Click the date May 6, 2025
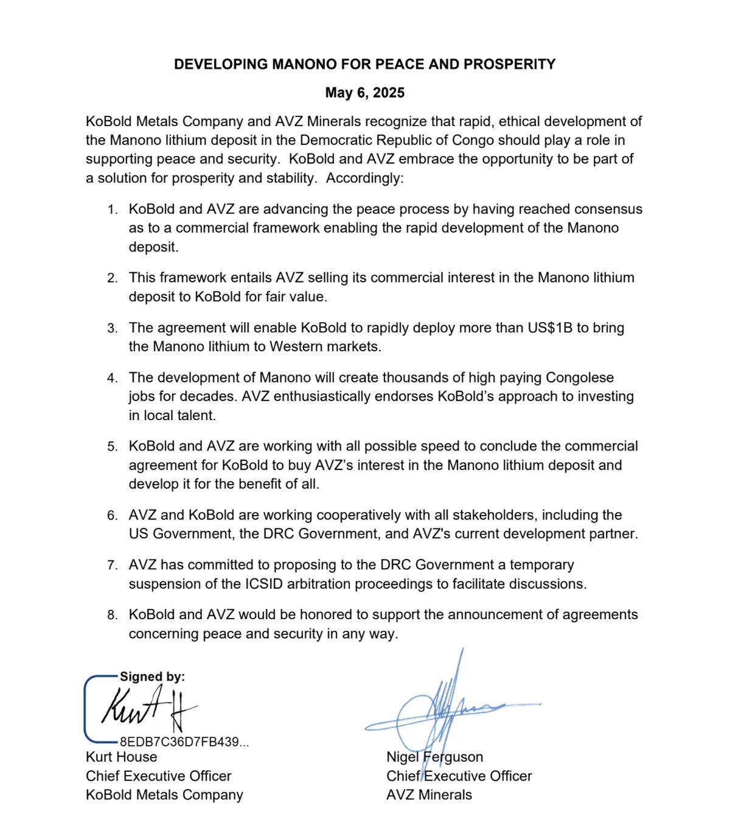(x=364, y=93)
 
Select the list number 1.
(x=112, y=210)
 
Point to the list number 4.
(x=112, y=378)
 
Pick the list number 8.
(x=112, y=615)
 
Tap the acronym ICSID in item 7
(x=264, y=584)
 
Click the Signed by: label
(x=152, y=676)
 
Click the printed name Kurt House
(x=122, y=757)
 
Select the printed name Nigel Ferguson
(x=434, y=757)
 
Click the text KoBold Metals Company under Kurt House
(x=164, y=795)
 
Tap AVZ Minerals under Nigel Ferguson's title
(x=429, y=795)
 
